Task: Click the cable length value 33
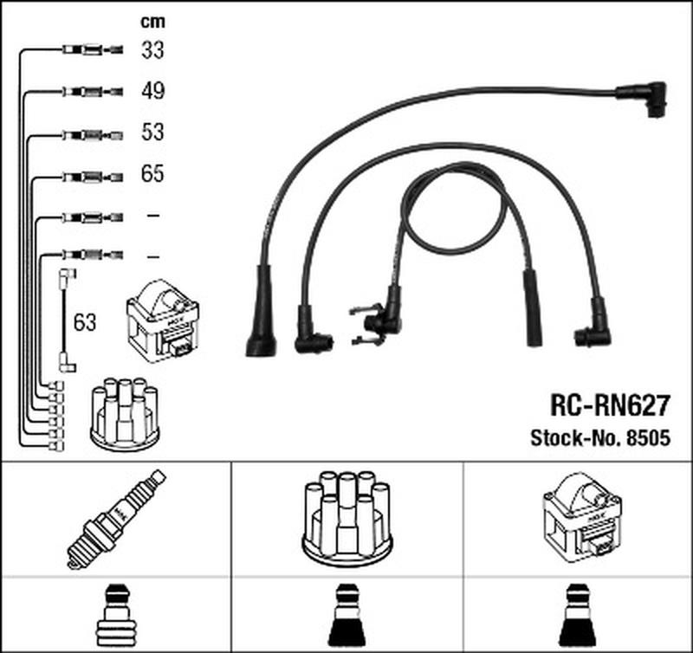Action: tap(152, 50)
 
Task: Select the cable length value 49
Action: tap(153, 91)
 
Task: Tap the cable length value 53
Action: tap(152, 133)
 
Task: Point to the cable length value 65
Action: tap(152, 173)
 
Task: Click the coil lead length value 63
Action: tap(85, 322)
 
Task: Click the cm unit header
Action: tap(152, 21)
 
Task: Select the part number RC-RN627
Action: tap(611, 405)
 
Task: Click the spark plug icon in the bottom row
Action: tap(116, 519)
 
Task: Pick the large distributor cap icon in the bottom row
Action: tap(346, 518)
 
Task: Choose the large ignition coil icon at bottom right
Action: tap(581, 518)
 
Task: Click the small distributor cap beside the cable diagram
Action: tap(125, 411)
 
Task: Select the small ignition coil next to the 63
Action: tap(163, 320)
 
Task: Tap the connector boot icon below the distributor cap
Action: tap(347, 616)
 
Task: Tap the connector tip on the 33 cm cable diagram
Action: tap(115, 49)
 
